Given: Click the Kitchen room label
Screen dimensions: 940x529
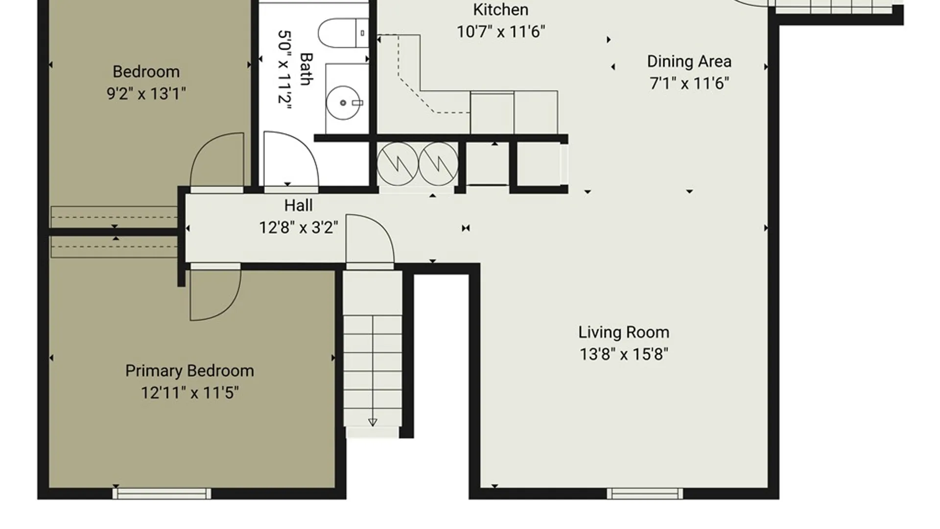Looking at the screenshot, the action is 500,10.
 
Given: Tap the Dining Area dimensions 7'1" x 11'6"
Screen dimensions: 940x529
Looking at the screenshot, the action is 689,83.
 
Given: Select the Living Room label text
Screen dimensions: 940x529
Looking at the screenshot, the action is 624,332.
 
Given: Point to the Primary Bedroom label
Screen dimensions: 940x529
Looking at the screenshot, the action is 189,371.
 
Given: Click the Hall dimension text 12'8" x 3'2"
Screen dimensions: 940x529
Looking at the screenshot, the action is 299,228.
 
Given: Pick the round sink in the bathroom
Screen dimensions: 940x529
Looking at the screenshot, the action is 343,103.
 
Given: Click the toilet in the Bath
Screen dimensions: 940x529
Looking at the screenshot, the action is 343,33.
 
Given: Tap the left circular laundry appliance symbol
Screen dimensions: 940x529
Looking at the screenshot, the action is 398,164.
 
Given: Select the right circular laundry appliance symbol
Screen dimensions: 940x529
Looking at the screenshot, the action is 438,164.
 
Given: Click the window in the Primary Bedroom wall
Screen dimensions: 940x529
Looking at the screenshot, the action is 162,493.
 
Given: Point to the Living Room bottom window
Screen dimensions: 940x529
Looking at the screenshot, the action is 645,493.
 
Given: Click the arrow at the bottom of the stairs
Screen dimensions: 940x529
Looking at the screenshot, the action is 373,422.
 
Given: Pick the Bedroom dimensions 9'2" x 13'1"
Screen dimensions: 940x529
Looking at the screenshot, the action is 146,94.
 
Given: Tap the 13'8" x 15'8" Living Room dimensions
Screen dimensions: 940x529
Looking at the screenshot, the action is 624,354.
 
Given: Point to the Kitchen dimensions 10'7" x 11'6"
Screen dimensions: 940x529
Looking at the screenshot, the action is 501,32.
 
